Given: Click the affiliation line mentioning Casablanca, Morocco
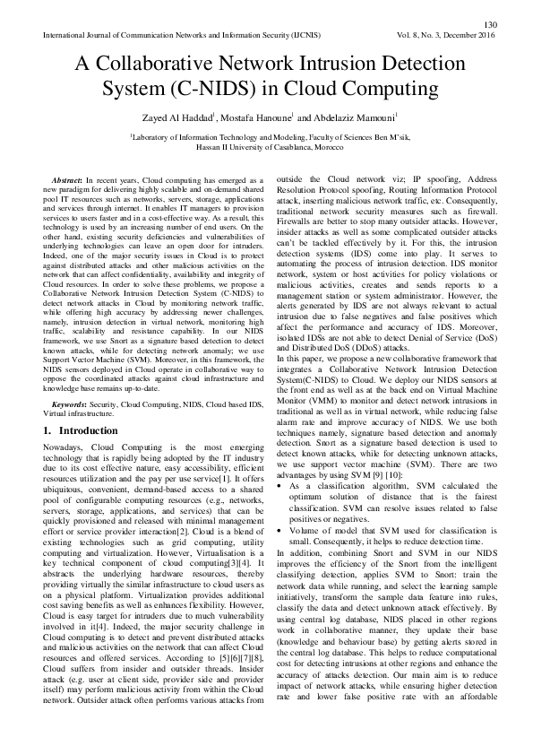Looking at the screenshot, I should [x=266, y=147].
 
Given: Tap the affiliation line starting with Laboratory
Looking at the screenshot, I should [x=266, y=137].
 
